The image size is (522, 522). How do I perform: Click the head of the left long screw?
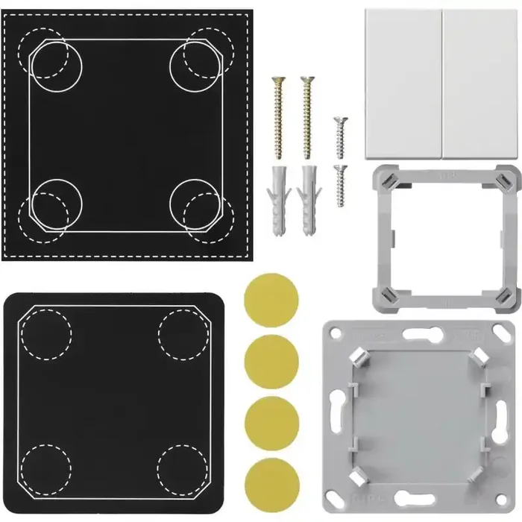pyautogui.click(x=279, y=81)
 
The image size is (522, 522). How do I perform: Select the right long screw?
pyautogui.click(x=306, y=116)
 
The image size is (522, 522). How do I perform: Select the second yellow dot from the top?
pyautogui.click(x=271, y=362)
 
